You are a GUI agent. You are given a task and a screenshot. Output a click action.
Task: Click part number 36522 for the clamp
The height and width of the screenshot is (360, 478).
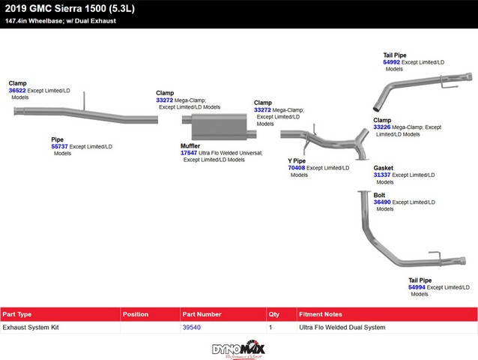coord(17,90)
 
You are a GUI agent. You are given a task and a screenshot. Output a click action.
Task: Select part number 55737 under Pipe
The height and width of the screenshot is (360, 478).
coord(59,146)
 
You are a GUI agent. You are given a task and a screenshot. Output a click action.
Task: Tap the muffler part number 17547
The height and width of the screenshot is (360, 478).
coord(189,153)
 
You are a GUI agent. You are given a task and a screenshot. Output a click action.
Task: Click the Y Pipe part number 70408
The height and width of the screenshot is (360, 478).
coord(296,168)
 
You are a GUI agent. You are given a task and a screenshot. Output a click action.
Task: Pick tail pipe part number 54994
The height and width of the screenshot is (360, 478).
coord(417,287)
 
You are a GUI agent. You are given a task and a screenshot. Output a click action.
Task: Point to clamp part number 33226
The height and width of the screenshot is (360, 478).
coord(382,127)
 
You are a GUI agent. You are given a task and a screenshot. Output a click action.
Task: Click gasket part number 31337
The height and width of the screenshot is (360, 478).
coord(382,175)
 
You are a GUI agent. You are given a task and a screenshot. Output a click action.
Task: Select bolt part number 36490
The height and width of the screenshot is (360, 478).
coord(382,202)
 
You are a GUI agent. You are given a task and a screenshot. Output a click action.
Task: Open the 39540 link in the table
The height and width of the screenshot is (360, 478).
coord(192,328)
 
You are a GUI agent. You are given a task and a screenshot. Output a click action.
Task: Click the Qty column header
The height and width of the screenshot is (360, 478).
coord(274,314)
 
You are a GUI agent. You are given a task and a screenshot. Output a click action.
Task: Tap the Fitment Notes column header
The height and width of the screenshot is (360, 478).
coord(321,314)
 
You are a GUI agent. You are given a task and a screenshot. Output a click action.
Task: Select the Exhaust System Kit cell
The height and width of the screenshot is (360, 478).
coord(31,328)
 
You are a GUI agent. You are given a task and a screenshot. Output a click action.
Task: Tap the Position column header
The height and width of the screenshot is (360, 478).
coord(136,314)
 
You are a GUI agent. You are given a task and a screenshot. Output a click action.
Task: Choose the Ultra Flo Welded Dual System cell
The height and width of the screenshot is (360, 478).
coord(342,328)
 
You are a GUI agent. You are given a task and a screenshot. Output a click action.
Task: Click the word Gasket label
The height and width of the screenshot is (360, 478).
coord(384,168)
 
